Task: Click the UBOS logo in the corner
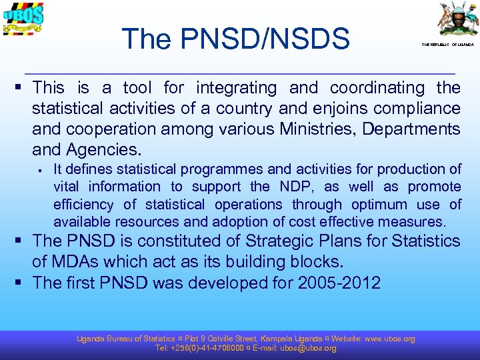pyautogui.click(x=23, y=21)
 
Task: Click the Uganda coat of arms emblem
pyautogui.click(x=457, y=19)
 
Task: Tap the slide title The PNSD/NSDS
pyautogui.click(x=236, y=39)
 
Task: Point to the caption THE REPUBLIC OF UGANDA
pyautogui.click(x=447, y=45)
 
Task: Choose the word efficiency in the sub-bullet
pyautogui.click(x=85, y=204)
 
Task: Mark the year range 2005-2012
pyautogui.click(x=339, y=283)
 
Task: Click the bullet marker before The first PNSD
pyautogui.click(x=23, y=283)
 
